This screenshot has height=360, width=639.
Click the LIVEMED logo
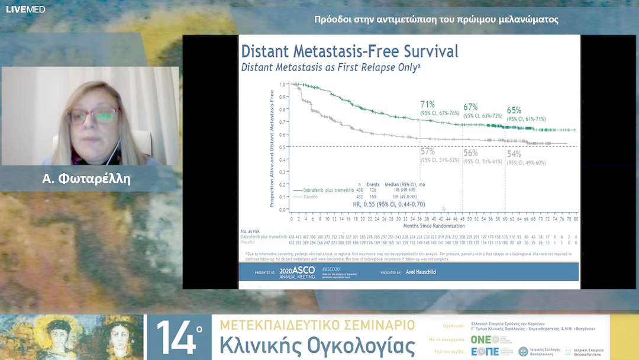click(25, 9)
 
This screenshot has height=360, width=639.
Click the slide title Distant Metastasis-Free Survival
click(350, 51)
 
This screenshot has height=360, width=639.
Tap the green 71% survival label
click(428, 105)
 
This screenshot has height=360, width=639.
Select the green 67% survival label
click(470, 107)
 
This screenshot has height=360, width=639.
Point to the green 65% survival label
click(514, 110)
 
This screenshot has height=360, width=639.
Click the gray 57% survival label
click(428, 152)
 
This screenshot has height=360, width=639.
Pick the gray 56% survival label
click(470, 153)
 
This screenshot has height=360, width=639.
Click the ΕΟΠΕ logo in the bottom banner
click(485, 351)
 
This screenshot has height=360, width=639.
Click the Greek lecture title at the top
click(437, 20)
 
